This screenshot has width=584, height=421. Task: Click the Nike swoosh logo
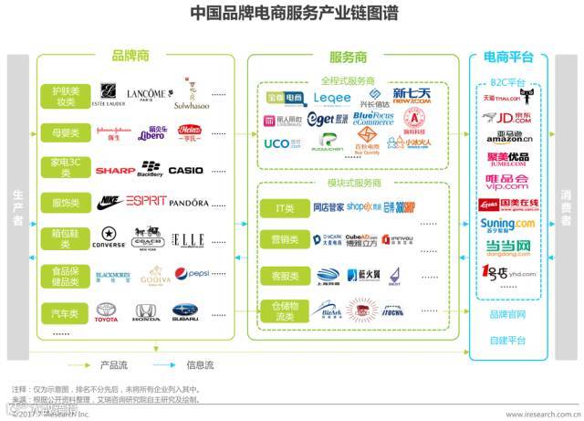coord(109,202)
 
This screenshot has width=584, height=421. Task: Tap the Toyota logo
coord(107,312)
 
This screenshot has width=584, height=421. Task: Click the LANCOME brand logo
coord(150,94)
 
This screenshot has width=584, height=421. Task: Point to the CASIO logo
coord(186,170)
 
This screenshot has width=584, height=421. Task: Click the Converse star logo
coord(109,237)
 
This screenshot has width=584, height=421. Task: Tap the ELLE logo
coord(190,239)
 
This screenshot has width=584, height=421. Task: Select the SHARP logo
coord(110,170)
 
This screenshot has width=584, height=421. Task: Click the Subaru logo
coord(185,312)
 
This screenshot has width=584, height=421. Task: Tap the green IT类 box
coord(285,207)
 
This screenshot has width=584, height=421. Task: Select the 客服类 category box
coord(285,274)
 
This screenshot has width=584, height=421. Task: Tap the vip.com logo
coord(507,180)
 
